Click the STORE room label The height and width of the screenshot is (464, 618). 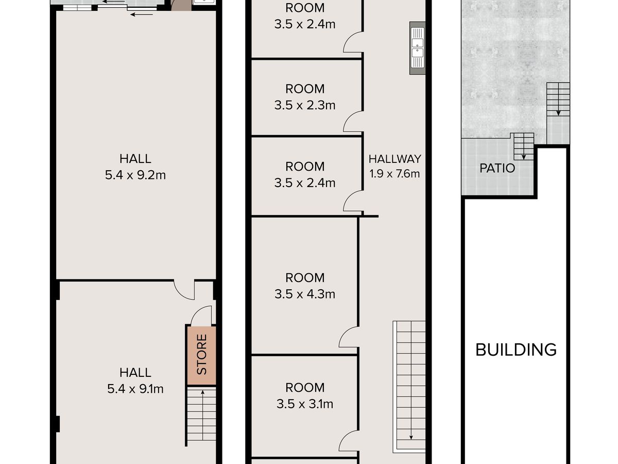[201, 354]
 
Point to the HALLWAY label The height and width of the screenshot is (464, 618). [394, 159]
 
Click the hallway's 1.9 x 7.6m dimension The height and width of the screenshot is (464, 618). [394, 174]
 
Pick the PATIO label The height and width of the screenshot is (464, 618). [497, 168]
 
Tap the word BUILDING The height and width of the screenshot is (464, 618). [516, 350]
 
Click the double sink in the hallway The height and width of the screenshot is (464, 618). [417, 48]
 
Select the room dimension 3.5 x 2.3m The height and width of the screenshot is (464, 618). [305, 105]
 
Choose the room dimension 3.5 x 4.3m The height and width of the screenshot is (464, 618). [305, 294]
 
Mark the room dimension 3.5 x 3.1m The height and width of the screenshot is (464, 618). [305, 404]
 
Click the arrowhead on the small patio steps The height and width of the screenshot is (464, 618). [524, 157]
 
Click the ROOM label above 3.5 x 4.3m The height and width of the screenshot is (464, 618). [305, 278]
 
